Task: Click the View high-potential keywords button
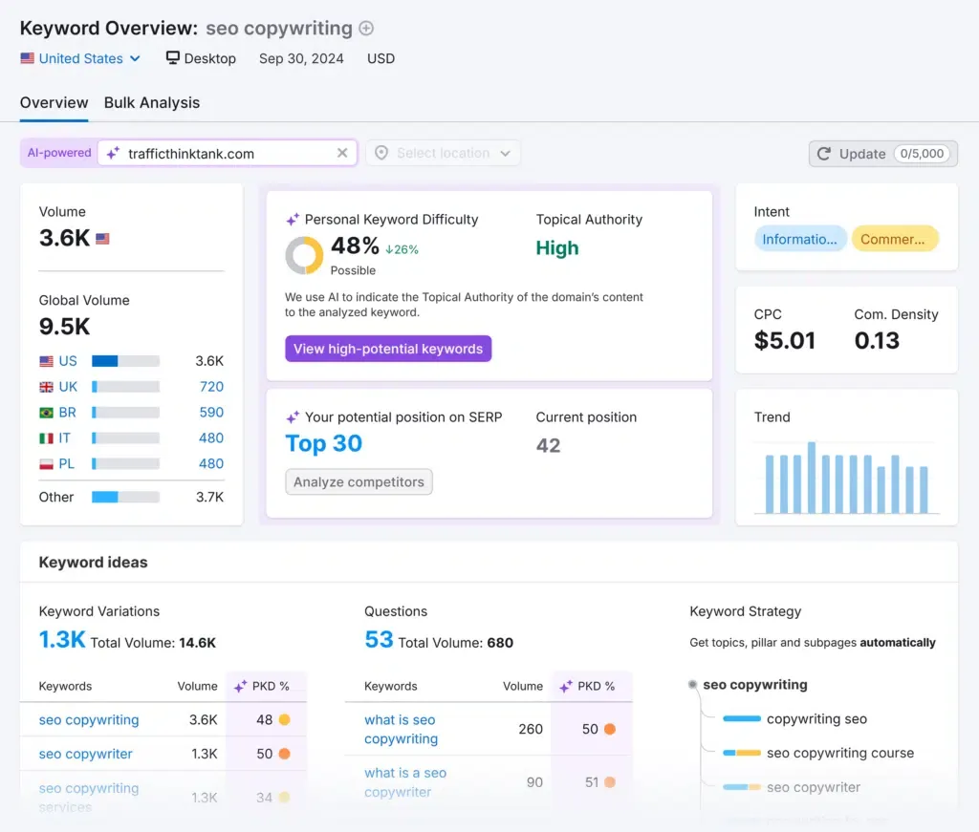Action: click(x=388, y=349)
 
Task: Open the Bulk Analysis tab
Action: click(x=152, y=102)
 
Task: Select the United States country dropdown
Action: click(x=80, y=58)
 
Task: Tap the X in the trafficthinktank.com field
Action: click(x=342, y=153)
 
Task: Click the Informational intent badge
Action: click(x=799, y=239)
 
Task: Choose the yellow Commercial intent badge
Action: click(x=893, y=239)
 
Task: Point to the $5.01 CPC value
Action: click(x=785, y=340)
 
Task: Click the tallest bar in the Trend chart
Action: click(x=812, y=478)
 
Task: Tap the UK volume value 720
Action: click(x=211, y=387)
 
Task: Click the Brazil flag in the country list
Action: click(x=46, y=413)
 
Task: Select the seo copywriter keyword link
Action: click(x=86, y=754)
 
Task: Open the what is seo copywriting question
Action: click(x=401, y=729)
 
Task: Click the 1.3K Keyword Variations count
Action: click(x=62, y=640)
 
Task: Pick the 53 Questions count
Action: click(x=379, y=640)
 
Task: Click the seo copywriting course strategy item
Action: click(x=839, y=753)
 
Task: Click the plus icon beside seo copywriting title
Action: click(x=366, y=29)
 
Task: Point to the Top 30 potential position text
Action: click(x=324, y=443)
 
